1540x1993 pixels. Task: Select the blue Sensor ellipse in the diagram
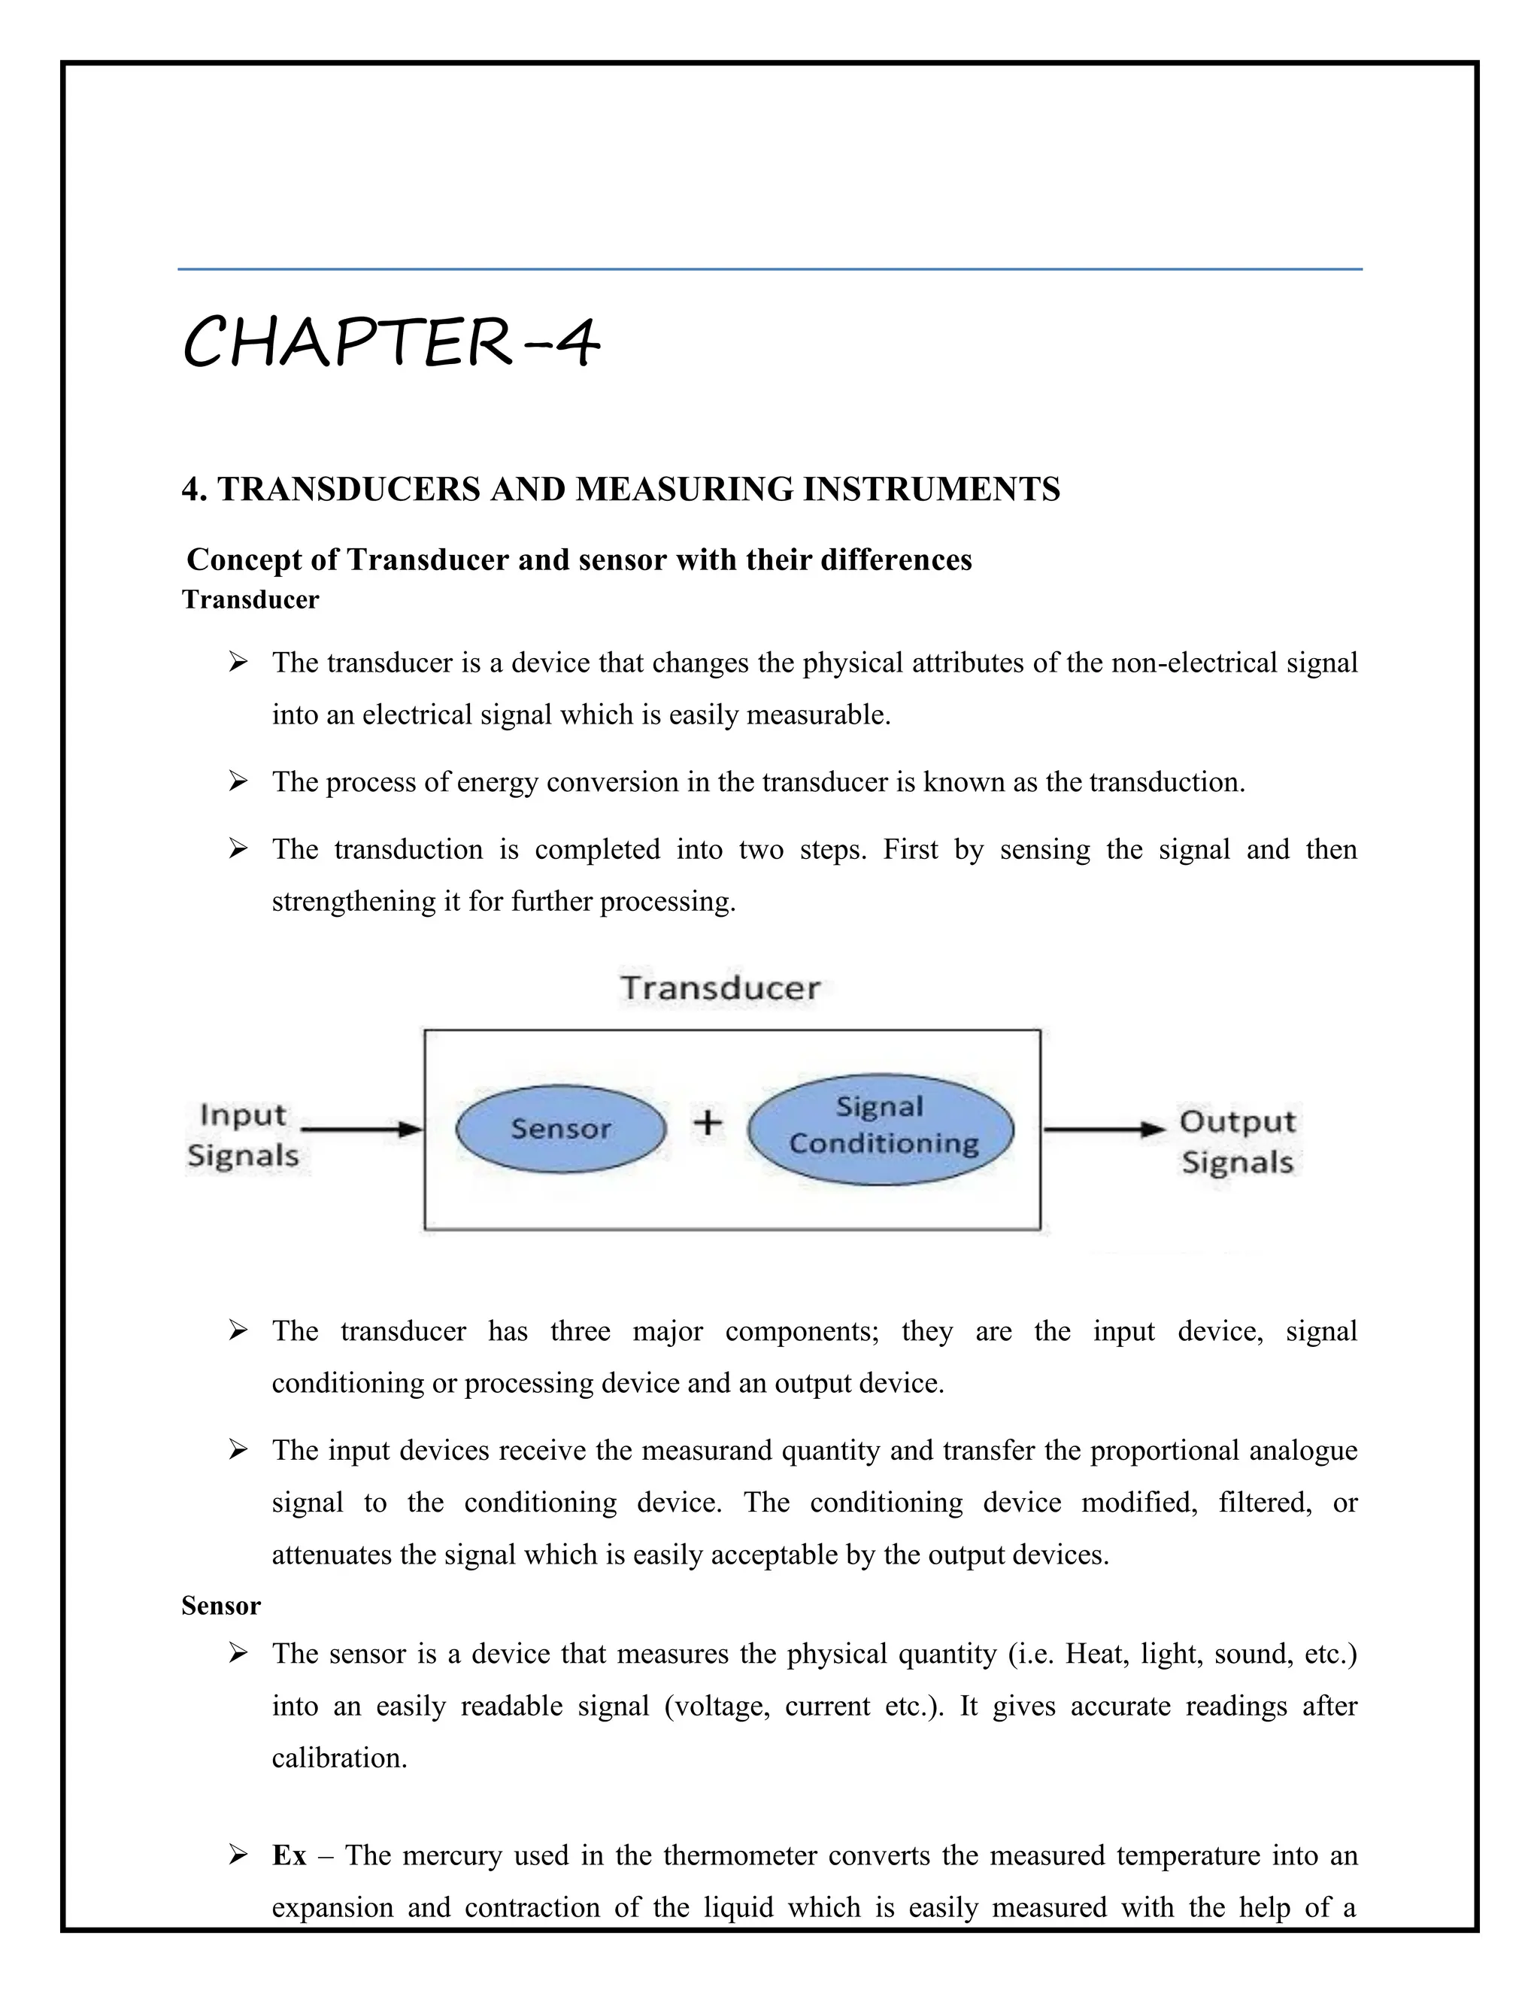pos(560,1129)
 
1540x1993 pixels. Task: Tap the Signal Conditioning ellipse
pos(881,1129)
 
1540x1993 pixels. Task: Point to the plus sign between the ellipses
pos(707,1122)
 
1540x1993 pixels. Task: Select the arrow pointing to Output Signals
pos(1104,1130)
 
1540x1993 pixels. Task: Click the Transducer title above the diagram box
pos(720,988)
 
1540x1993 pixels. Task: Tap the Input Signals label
pos(243,1135)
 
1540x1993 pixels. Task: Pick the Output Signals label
pos(1237,1142)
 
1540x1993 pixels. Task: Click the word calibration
pos(338,1758)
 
